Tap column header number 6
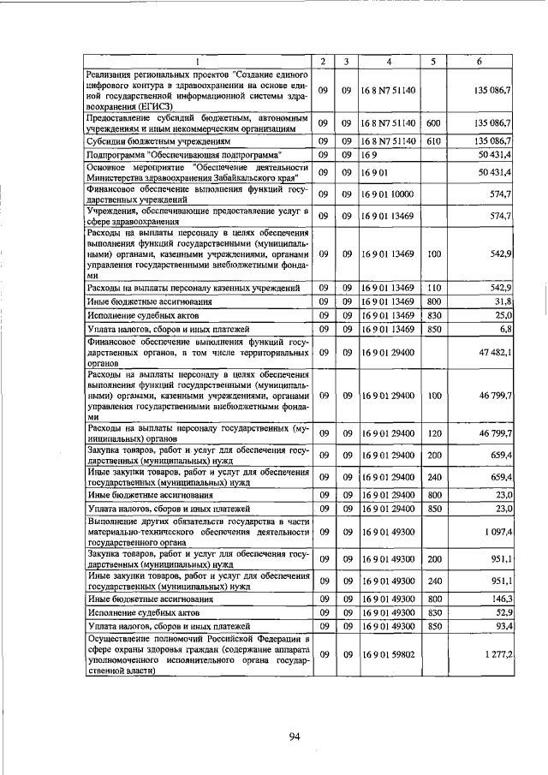pyautogui.click(x=479, y=61)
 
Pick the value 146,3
pyautogui.click(x=501, y=599)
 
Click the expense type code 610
pyautogui.click(x=433, y=140)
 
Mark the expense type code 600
pyautogui.click(x=433, y=123)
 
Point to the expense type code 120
pyautogui.click(x=433, y=433)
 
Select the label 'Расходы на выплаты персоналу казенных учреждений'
pyautogui.click(x=194, y=288)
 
